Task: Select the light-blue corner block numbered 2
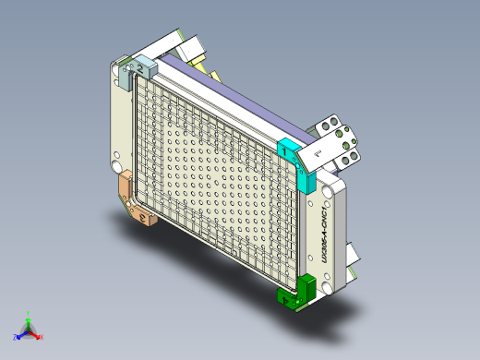coord(146,66)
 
